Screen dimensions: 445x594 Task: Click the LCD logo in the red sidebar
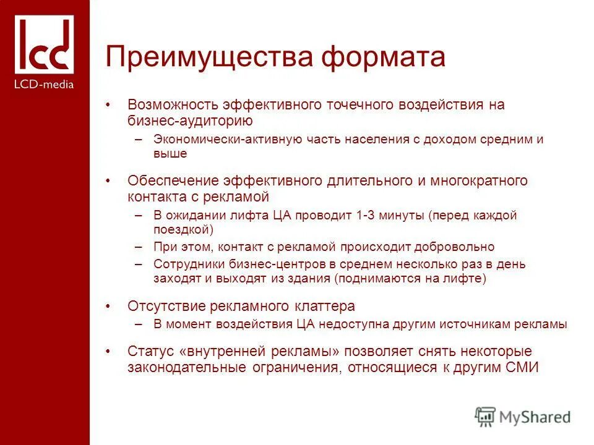(x=44, y=44)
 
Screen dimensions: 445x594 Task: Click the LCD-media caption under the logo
(x=44, y=84)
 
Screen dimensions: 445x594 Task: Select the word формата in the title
(x=385, y=57)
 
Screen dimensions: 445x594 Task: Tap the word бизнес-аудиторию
(x=190, y=120)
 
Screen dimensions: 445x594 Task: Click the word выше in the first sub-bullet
(x=170, y=153)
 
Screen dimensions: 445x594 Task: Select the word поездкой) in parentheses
(x=183, y=230)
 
